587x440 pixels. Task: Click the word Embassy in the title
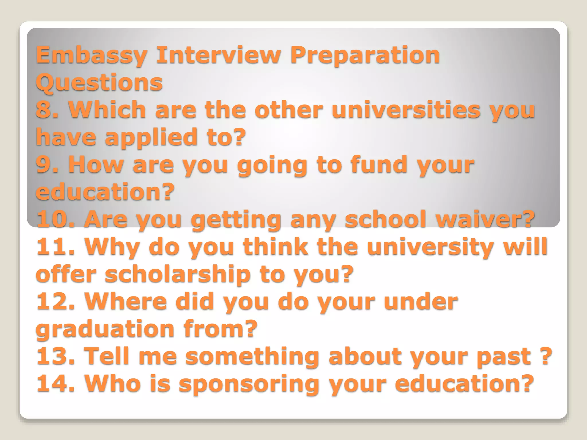tap(91, 56)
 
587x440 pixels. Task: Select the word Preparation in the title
tap(365, 56)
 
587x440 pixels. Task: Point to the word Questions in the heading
tap(99, 82)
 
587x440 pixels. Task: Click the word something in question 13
tap(252, 356)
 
